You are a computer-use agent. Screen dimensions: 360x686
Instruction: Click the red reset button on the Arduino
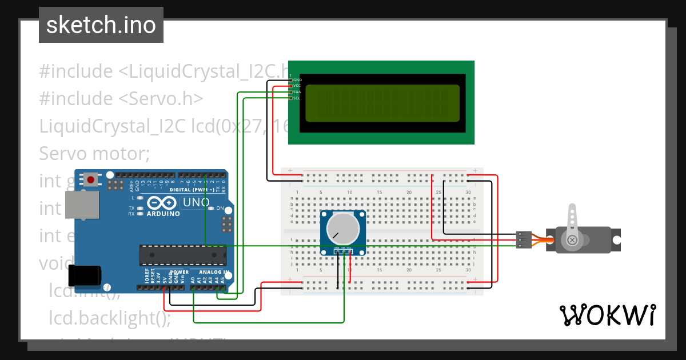(x=90, y=180)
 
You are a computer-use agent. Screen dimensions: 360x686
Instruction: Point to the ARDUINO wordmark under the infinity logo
(x=162, y=214)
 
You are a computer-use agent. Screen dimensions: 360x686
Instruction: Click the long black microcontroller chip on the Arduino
(x=183, y=255)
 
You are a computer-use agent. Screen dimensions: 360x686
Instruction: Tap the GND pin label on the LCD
(x=297, y=79)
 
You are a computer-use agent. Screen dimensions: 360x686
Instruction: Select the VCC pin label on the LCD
(x=297, y=86)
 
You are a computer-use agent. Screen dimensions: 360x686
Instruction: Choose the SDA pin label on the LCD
(x=297, y=92)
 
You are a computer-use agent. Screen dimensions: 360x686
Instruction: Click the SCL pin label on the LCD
(x=297, y=98)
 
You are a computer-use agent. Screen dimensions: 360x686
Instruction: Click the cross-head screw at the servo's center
(x=572, y=241)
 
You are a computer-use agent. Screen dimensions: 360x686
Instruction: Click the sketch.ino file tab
(x=101, y=25)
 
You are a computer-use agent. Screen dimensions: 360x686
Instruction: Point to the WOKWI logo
(x=607, y=315)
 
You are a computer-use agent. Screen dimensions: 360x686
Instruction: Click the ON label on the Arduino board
(x=220, y=208)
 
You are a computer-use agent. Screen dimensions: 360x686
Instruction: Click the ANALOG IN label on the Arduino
(x=214, y=272)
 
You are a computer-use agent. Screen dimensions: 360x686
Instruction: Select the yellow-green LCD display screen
(x=382, y=103)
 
